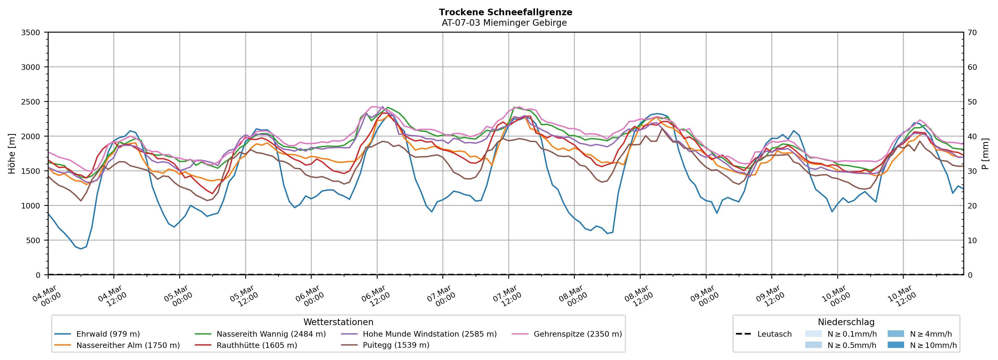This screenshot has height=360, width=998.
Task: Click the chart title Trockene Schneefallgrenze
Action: (505, 12)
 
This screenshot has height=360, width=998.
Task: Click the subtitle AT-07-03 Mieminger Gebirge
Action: (504, 23)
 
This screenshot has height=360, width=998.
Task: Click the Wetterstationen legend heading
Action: (338, 322)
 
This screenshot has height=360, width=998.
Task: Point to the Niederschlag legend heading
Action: (846, 322)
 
